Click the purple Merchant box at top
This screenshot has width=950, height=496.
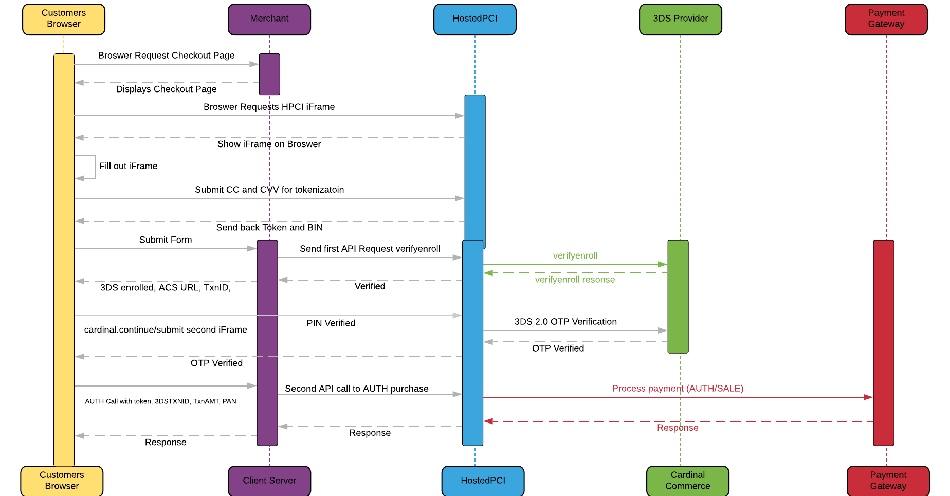269,20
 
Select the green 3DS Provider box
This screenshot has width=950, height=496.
681,20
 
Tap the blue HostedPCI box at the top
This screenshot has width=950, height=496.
475,20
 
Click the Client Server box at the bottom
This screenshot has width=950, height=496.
269,481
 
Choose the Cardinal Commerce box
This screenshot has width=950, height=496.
688,481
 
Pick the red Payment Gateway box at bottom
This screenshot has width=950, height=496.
888,481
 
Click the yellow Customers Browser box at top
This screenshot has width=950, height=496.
64,20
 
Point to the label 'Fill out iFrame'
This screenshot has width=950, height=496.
129,166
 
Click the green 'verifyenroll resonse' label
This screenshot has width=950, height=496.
575,280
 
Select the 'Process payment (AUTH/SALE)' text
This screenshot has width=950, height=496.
678,389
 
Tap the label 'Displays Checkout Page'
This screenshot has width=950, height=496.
167,89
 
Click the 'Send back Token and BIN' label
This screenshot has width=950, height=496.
269,227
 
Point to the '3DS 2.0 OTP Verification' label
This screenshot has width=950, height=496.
565,322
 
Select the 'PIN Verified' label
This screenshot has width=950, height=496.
331,323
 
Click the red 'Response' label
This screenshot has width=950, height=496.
678,428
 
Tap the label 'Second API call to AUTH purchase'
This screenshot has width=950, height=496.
357,389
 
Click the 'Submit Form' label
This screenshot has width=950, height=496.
166,240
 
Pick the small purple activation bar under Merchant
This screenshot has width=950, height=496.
269,75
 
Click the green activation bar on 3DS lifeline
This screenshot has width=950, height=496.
678,297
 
